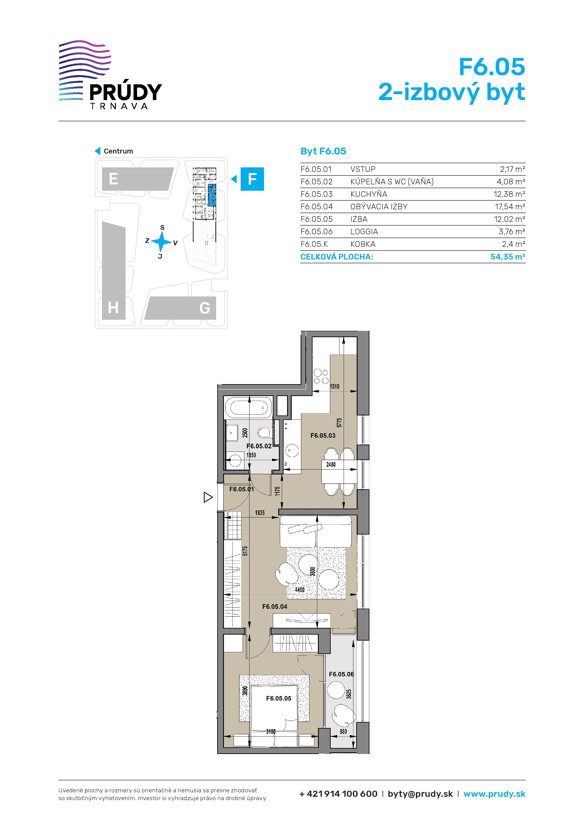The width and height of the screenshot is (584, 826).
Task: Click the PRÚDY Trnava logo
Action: tap(110, 75)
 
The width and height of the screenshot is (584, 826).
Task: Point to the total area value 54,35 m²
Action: tap(508, 257)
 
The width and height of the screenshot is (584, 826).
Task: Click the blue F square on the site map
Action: tap(252, 179)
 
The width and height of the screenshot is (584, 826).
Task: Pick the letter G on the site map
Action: tap(205, 308)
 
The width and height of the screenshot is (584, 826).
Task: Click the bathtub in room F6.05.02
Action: tap(249, 408)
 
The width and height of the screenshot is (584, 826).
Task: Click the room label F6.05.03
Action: tap(323, 436)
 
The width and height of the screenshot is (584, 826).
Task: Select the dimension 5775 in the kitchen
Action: tap(339, 423)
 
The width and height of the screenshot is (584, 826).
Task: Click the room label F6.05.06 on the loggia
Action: tap(341, 674)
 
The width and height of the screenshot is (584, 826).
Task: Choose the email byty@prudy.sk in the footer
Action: tap(420, 794)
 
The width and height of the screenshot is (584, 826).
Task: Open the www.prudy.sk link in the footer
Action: tap(495, 794)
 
